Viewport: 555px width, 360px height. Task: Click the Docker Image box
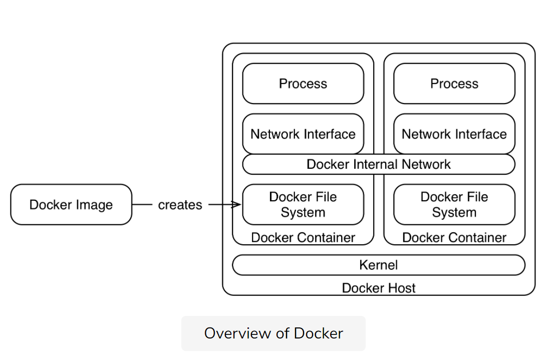71,204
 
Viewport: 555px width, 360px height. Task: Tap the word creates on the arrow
180,205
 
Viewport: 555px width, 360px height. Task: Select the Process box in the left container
303,84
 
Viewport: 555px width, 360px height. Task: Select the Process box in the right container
454,84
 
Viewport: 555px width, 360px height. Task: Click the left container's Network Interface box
303,134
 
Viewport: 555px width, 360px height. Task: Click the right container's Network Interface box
454,134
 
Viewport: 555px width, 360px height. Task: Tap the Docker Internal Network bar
379,164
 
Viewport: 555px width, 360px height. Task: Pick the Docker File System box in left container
303,204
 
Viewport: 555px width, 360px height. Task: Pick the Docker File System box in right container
454,204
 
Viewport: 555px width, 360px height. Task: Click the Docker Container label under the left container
303,237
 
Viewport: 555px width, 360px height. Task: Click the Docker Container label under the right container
454,237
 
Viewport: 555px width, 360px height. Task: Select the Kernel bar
379,265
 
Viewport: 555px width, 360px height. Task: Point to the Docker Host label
379,288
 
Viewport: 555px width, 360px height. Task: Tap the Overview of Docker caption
273,333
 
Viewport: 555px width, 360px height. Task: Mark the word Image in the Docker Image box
94,205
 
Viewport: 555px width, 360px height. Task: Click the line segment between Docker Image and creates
142,204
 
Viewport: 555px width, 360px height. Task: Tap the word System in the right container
454,212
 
